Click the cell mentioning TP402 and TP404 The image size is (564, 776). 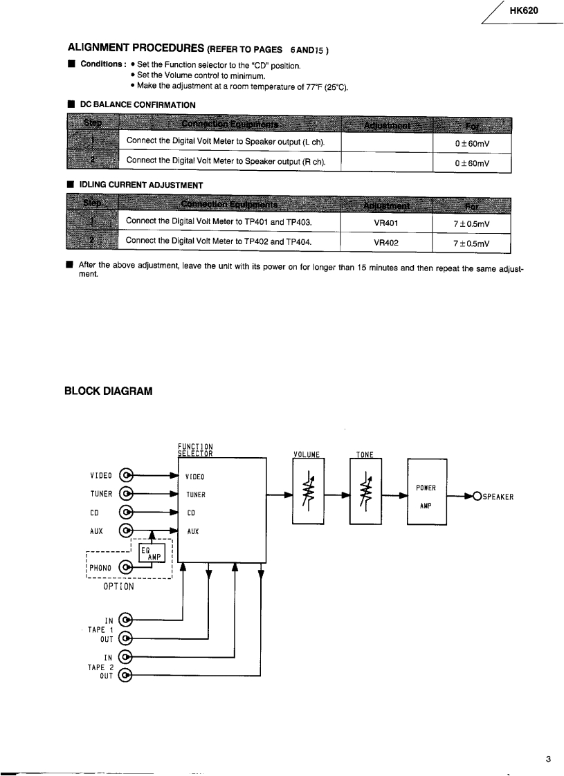pyautogui.click(x=219, y=243)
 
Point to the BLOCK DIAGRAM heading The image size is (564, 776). pyautogui.click(x=108, y=391)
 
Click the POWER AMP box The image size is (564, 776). pyautogui.click(x=426, y=496)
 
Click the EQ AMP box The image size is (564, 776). pyautogui.click(x=152, y=553)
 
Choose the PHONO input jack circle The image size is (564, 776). pyautogui.click(x=126, y=568)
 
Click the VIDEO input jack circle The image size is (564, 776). pyautogui.click(x=126, y=475)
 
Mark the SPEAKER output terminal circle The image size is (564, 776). pyautogui.click(x=476, y=496)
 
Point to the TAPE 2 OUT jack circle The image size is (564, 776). pyautogui.click(x=125, y=676)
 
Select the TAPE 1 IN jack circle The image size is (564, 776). pyautogui.click(x=125, y=620)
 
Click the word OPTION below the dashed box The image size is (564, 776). pyautogui.click(x=118, y=586)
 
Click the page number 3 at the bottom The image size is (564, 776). pyautogui.click(x=548, y=759)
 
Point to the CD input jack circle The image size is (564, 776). pyautogui.click(x=126, y=512)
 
